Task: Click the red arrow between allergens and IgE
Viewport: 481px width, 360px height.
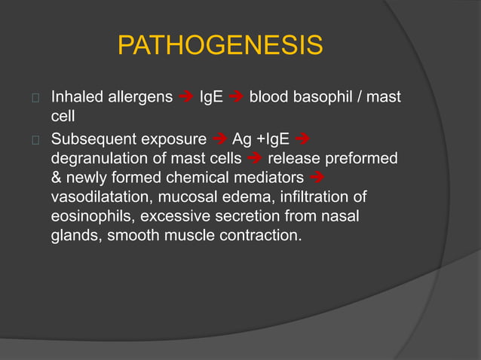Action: click(187, 98)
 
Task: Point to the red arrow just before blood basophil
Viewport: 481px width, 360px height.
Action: click(236, 98)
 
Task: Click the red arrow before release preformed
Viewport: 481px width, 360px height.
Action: click(254, 160)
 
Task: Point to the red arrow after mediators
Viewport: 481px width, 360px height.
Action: click(317, 179)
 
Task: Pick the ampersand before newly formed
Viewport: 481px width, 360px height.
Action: click(57, 178)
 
